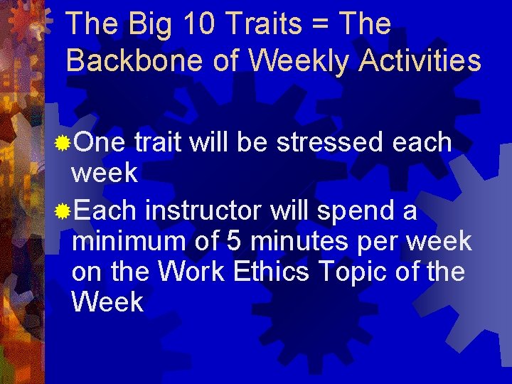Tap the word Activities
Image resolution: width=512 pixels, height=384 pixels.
420,61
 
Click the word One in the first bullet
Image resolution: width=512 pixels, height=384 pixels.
99,142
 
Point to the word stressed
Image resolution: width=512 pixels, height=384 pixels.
330,142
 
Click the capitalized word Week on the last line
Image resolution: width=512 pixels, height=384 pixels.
107,302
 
